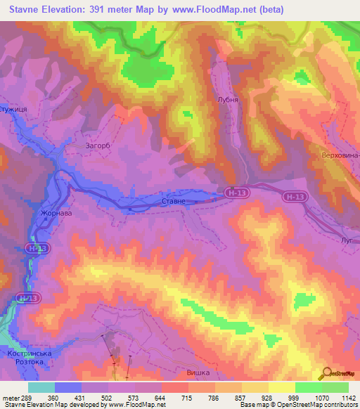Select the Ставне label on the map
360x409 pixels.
tap(174, 202)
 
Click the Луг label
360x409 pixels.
tap(347, 240)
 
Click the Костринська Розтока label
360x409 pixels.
tap(27, 356)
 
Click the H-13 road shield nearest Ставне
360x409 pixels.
tap(237, 191)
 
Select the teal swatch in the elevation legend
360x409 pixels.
tap(41, 387)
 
